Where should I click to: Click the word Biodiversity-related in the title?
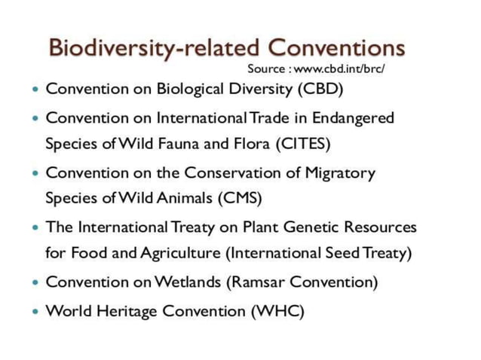coord(154,47)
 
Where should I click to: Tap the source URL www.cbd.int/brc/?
coord(339,69)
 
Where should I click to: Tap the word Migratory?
coord(340,172)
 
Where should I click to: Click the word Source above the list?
coord(266,69)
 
